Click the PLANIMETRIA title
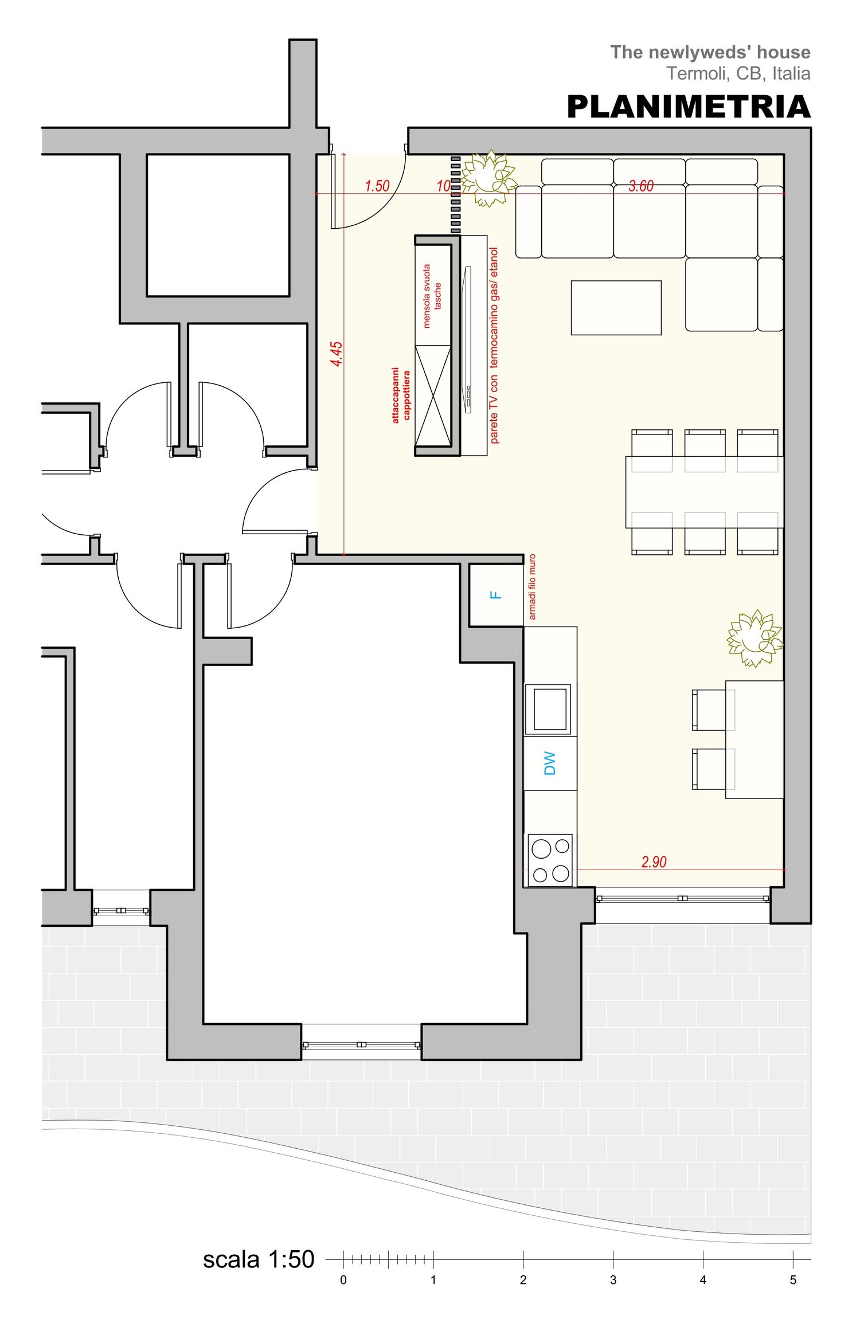(x=689, y=107)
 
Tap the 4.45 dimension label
(x=337, y=354)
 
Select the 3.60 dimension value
(x=641, y=186)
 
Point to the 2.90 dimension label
(x=654, y=862)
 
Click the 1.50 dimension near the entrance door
(x=377, y=186)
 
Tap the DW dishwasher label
(x=549, y=764)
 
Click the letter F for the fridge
(x=497, y=595)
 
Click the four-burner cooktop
(x=550, y=860)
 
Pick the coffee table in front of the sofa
(x=616, y=308)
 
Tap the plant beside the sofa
(x=488, y=178)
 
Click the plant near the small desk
(x=755, y=639)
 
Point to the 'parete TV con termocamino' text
(x=494, y=345)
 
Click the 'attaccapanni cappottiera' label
(x=401, y=396)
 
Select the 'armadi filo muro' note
(x=532, y=586)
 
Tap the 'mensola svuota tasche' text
(x=432, y=296)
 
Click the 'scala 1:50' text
(x=259, y=1260)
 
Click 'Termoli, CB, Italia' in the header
(x=738, y=73)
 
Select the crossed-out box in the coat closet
(x=433, y=396)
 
